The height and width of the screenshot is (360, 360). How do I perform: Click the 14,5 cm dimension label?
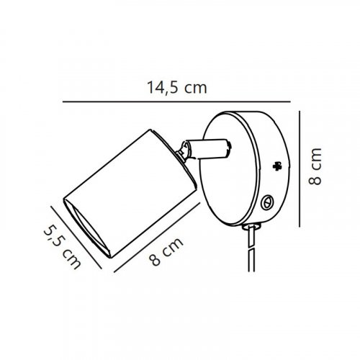pyautogui.click(x=176, y=88)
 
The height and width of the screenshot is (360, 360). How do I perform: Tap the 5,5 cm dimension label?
pyautogui.click(x=63, y=247)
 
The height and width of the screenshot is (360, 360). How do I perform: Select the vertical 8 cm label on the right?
pyautogui.click(x=315, y=166)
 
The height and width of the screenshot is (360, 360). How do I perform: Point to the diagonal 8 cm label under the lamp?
pyautogui.click(x=166, y=251)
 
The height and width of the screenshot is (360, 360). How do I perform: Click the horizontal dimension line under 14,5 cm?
pyautogui.click(x=176, y=102)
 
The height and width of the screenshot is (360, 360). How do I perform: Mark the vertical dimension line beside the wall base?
pyautogui.click(x=300, y=168)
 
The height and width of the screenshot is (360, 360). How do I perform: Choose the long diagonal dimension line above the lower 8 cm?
pyautogui.click(x=157, y=238)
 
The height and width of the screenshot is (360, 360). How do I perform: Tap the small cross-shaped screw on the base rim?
pyautogui.click(x=277, y=166)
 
